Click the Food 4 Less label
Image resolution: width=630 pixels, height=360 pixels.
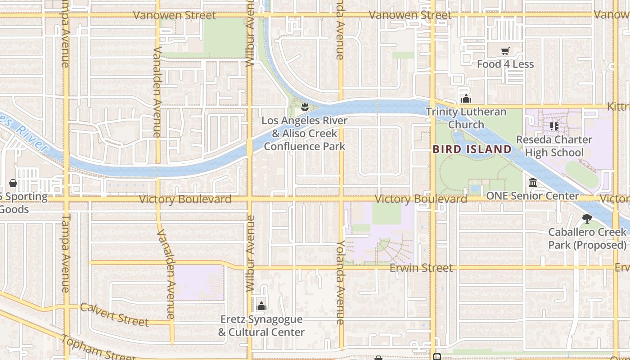pos(505,64)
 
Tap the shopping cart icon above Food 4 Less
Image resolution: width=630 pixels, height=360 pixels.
pos(505,51)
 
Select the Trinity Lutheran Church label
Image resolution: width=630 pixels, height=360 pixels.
pos(466,118)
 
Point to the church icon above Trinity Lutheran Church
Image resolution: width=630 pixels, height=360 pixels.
pos(466,99)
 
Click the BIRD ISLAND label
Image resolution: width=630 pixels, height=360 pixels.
pos(472,149)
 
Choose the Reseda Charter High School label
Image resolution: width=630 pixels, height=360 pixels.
pos(554,146)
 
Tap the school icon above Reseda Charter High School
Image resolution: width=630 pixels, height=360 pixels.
pos(554,126)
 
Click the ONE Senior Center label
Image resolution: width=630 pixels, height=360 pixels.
pos(533,196)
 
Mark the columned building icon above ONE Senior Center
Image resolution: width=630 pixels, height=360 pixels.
pos(533,183)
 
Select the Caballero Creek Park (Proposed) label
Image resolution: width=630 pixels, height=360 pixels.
pos(587,238)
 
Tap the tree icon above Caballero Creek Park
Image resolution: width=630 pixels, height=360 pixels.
pos(587,219)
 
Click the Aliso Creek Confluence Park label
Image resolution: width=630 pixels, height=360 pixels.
pos(305,133)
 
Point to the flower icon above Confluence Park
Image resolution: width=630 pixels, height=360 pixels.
pos(305,107)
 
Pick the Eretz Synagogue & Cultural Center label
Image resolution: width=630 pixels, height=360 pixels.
pos(261,326)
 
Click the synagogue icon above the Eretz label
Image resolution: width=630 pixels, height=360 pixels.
pos(261,306)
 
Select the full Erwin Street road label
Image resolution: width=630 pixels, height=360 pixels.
pos(421,268)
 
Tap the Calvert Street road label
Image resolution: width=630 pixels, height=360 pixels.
pos(114,315)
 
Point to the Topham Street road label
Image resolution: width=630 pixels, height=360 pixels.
pos(98,348)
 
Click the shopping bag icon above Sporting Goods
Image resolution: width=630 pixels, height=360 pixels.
pos(13,183)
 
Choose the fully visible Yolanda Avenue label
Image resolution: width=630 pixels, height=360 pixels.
pos(341,282)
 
